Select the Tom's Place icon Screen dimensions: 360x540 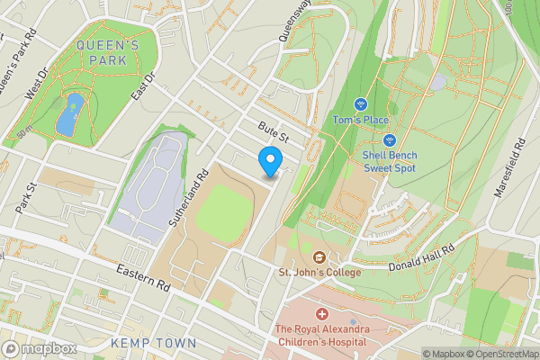(360, 104)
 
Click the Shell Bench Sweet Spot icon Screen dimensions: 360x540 (390, 140)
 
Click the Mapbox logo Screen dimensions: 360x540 (39, 349)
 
